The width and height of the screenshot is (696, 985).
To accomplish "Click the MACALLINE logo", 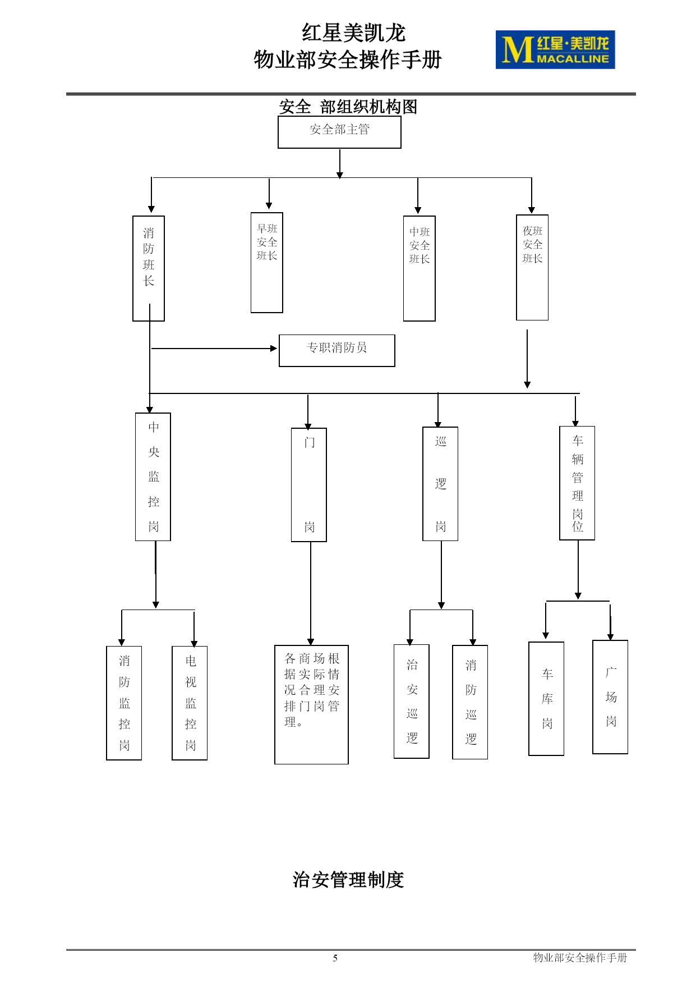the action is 555,50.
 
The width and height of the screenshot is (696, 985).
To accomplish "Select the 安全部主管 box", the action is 339,132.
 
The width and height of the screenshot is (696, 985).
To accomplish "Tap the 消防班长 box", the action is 149,268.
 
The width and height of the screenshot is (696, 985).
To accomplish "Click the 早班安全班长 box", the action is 267,263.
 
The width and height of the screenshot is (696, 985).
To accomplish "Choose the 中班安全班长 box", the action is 420,268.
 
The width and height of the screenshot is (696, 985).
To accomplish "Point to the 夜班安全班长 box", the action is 532,267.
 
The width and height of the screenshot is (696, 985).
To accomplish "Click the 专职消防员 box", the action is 337,351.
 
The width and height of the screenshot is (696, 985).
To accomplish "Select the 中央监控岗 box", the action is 153,477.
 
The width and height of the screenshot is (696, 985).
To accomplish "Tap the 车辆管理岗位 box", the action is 577,483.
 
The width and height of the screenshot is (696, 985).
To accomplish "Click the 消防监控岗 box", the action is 124,703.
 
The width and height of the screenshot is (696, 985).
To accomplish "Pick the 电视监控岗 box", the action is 190,703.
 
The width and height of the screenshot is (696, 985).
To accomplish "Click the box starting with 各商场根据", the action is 311,704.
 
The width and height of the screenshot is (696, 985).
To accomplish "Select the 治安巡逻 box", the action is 412,702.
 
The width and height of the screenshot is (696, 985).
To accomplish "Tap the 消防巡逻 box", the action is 470,702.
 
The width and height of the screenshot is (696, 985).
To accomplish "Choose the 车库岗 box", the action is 546,699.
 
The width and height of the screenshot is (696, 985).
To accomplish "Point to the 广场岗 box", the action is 610,697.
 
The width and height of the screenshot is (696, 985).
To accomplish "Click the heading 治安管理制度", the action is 348,879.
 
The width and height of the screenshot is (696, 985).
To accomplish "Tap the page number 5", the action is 335,958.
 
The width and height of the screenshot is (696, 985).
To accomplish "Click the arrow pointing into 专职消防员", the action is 214,349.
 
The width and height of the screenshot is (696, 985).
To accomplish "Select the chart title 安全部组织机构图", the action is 348,107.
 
